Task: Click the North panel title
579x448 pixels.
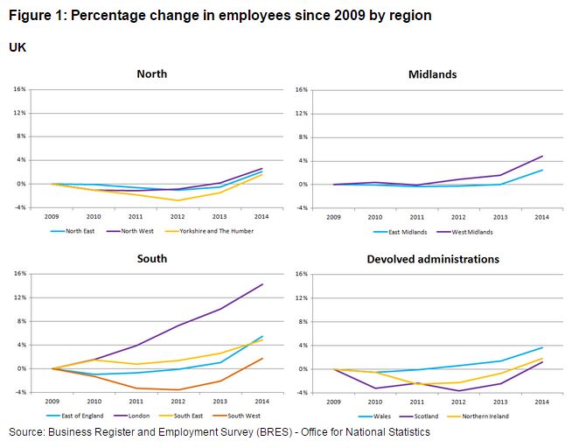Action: pos(151,74)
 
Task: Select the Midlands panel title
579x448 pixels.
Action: pos(432,74)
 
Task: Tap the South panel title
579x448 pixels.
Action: pos(151,259)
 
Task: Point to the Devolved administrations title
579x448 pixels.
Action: pos(433,259)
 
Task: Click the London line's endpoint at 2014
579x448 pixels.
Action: pos(262,284)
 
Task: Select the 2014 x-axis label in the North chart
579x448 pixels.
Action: pos(262,218)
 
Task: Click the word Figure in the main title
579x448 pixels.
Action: pos(28,17)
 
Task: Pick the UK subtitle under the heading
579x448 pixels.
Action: pos(17,46)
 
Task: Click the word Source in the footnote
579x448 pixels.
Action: pos(29,432)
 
